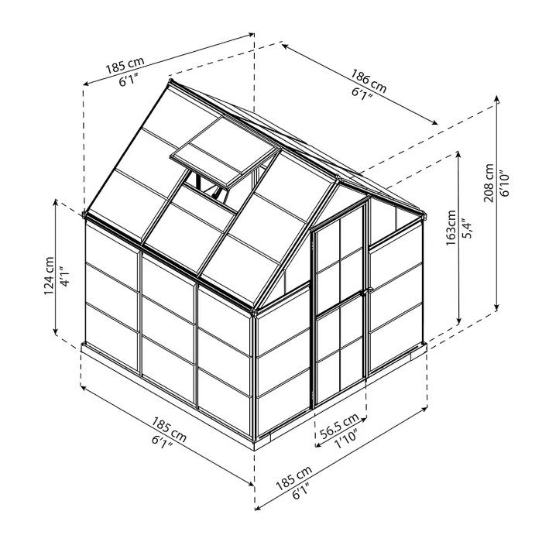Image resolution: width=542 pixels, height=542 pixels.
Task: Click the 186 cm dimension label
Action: tap(368, 79)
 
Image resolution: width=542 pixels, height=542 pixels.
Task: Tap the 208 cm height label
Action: tap(488, 182)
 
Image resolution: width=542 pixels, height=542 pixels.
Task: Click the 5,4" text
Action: tap(466, 228)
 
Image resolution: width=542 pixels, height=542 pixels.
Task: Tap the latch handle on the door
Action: tap(366, 292)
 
